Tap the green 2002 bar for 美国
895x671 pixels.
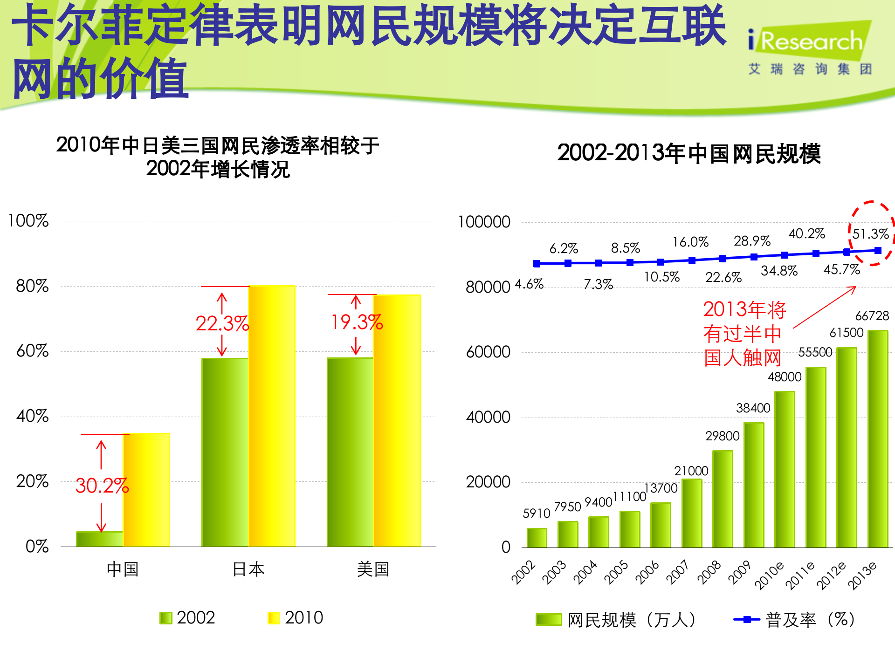click(350, 452)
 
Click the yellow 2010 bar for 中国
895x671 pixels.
click(146, 489)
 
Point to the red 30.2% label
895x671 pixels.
click(102, 486)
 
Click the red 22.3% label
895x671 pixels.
click(222, 323)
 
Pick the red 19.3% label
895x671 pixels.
click(357, 322)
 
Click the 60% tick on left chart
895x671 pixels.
click(32, 351)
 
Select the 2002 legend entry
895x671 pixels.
click(187, 618)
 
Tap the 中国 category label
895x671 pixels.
click(123, 569)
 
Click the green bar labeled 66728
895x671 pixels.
click(877, 438)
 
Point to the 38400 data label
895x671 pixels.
click(753, 408)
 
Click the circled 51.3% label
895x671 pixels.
click(870, 234)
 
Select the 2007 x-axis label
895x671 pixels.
click(677, 572)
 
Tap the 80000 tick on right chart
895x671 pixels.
click(488, 287)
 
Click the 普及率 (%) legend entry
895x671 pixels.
click(794, 620)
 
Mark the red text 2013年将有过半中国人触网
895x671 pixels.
click(744, 334)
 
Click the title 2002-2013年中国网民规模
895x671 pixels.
click(688, 153)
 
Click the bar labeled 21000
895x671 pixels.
click(692, 513)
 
